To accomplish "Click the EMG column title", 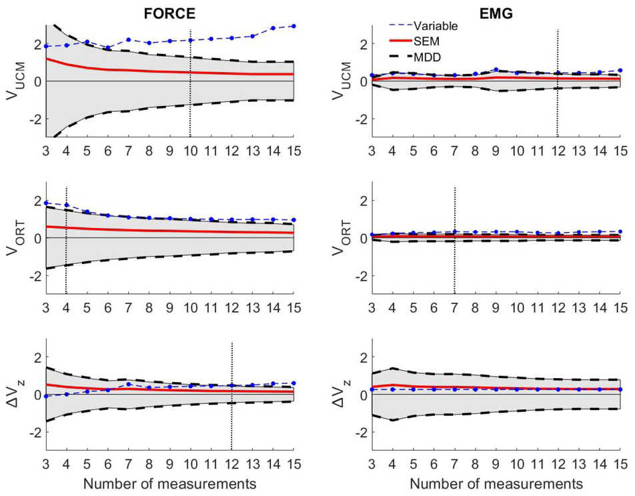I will (496, 11).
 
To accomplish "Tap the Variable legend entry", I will (435, 27).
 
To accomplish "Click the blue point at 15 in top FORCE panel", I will (293, 26).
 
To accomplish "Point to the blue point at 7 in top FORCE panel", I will (128, 40).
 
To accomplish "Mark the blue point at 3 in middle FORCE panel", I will (45, 203).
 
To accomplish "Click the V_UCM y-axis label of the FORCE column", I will (13, 81).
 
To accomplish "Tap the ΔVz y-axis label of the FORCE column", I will (13, 394).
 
